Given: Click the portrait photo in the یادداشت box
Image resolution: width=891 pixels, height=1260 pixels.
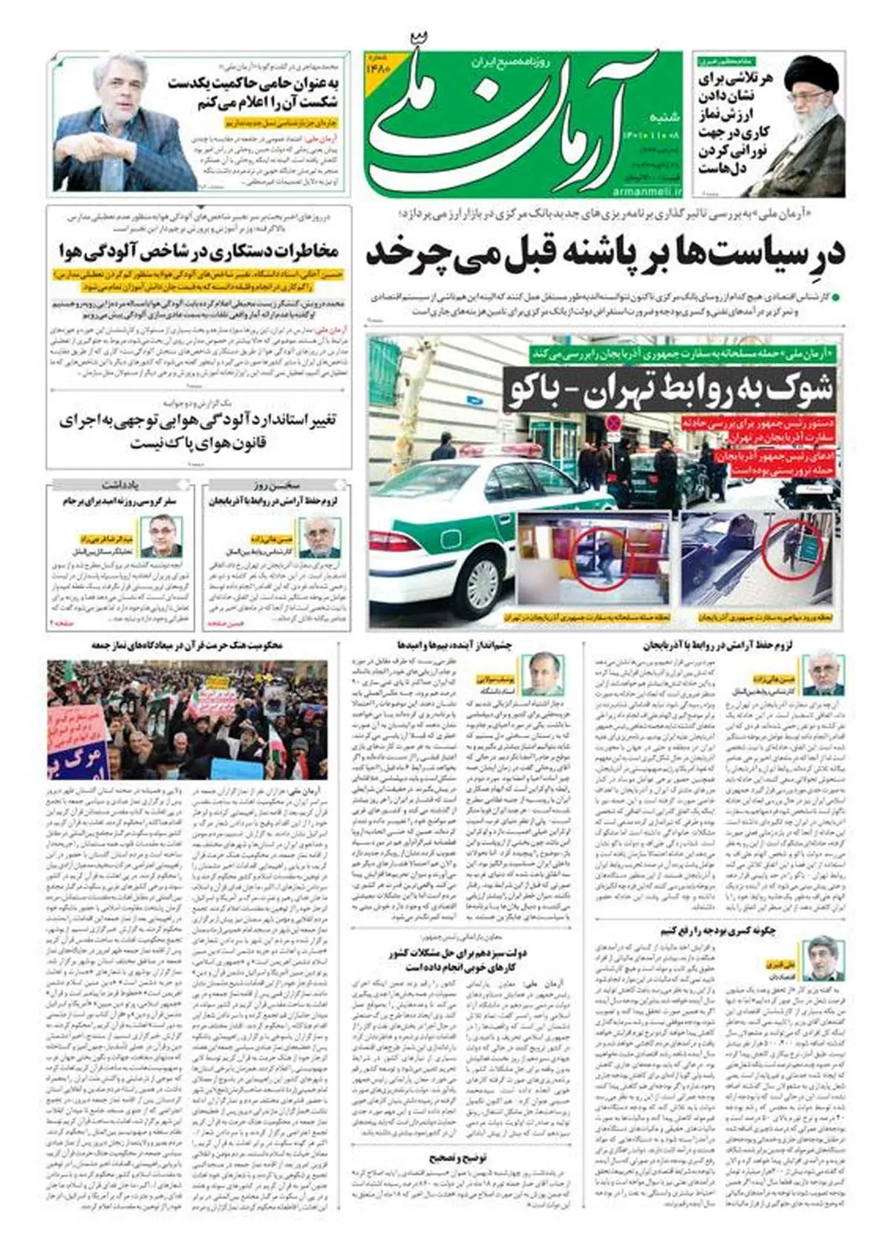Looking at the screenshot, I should click(x=161, y=536).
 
